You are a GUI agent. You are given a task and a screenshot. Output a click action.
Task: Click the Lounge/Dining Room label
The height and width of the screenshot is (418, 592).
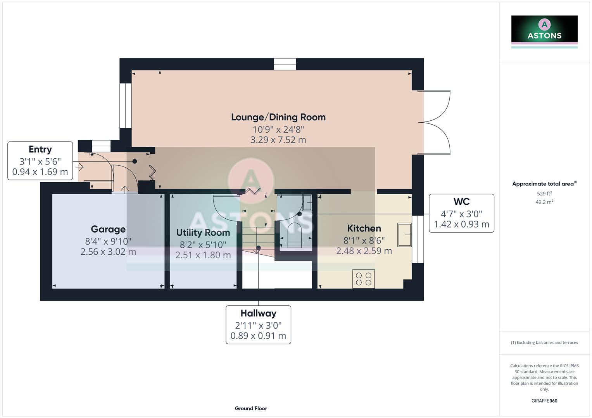[278, 117]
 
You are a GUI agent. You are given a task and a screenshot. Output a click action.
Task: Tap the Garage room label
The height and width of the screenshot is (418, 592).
[108, 229]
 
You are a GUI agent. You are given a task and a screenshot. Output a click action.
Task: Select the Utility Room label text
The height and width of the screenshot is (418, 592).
[203, 233]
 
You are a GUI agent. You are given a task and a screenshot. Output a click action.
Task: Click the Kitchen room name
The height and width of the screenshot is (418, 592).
[364, 228]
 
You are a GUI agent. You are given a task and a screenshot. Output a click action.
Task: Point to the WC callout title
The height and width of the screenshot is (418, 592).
[461, 202]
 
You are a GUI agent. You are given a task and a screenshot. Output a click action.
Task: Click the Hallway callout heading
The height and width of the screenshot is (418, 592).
[258, 313]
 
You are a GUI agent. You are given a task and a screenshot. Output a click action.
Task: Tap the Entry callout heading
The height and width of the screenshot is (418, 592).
[40, 149]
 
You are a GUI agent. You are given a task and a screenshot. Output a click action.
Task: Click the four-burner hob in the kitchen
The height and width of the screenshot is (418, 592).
[363, 279]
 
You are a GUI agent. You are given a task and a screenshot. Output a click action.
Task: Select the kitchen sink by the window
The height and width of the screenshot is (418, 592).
[404, 235]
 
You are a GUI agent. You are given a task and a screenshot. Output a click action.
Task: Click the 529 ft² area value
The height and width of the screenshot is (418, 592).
[544, 194]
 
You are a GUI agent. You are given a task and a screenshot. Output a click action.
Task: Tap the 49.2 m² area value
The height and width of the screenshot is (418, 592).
[544, 202]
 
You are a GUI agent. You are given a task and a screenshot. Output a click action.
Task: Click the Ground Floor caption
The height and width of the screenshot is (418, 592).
[251, 408]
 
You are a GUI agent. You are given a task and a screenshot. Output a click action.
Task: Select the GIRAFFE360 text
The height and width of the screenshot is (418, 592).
[544, 401]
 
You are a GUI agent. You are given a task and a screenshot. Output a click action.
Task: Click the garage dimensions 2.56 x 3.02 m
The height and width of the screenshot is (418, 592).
[108, 252]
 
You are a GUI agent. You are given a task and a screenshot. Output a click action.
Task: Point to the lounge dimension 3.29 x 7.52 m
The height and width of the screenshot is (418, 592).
[278, 140]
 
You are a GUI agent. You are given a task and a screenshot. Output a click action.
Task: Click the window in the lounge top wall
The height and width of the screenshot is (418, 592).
[285, 64]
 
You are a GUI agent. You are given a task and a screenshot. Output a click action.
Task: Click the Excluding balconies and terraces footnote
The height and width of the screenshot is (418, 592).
[544, 343]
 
